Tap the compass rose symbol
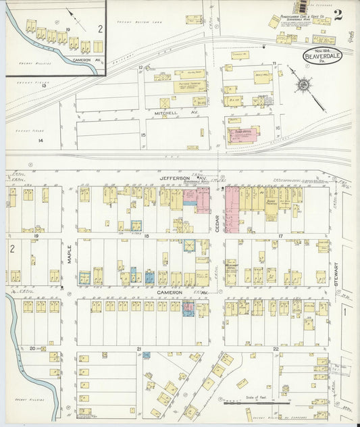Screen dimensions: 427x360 click(304, 85)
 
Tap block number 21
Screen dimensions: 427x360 click(138, 349)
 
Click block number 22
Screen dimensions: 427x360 click(276, 349)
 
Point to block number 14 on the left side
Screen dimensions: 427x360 click(41, 140)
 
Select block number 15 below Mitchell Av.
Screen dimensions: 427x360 click(143, 134)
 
